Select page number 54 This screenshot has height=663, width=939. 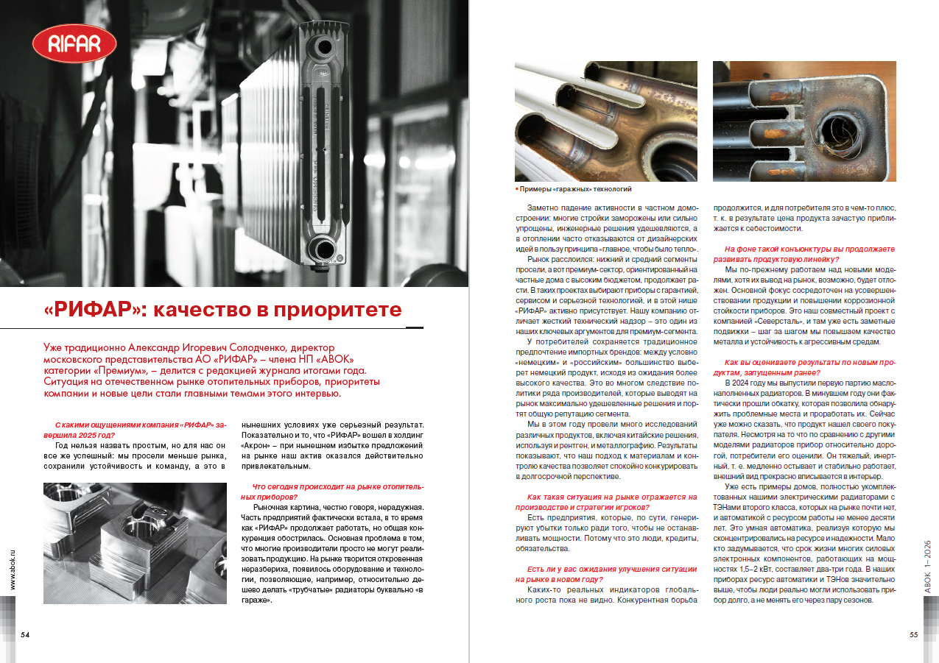click(x=25, y=635)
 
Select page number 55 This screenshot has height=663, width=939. click(x=913, y=635)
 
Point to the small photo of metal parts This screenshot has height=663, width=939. click(x=135, y=543)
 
